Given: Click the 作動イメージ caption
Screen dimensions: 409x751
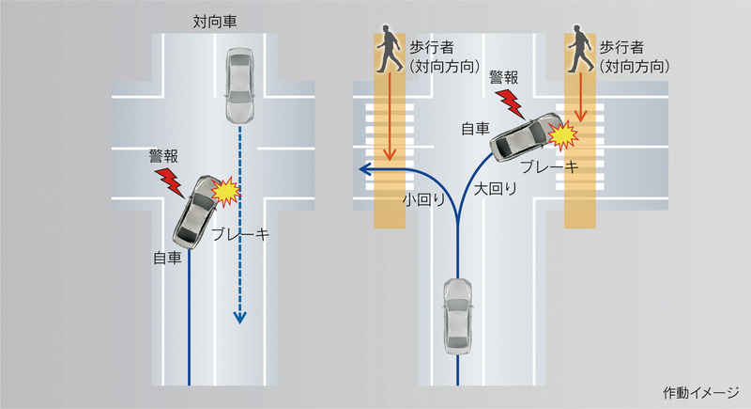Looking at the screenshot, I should click(x=701, y=392).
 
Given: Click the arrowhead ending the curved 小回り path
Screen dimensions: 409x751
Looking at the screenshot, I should click(x=364, y=169).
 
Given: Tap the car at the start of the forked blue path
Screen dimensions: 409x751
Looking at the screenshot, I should click(x=457, y=315).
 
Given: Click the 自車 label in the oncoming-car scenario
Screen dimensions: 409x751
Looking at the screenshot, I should click(x=168, y=256).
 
